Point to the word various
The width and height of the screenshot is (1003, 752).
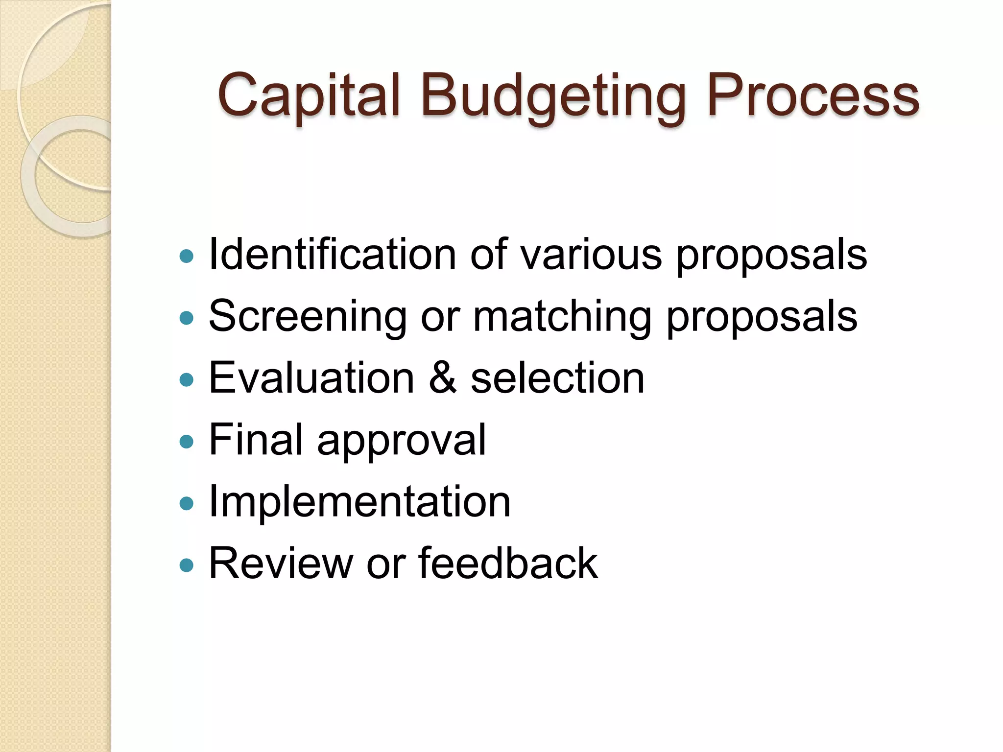point(591,255)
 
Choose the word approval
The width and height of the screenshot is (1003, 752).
point(402,441)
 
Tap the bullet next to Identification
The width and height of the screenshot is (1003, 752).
point(187,256)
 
